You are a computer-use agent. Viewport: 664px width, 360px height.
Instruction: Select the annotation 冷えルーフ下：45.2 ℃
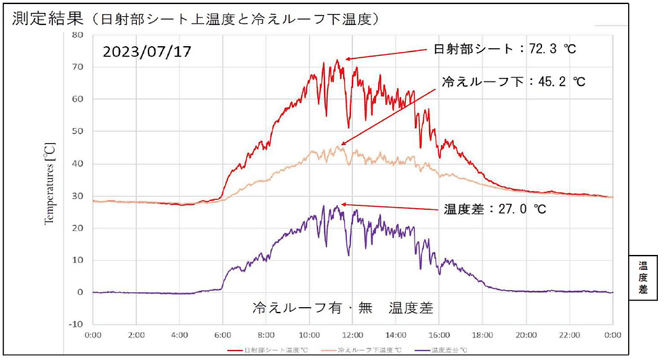513,82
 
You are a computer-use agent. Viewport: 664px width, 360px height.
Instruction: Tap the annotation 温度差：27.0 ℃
495,209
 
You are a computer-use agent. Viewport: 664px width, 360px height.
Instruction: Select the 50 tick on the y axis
77,132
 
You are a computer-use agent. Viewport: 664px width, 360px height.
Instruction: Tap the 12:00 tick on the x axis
352,335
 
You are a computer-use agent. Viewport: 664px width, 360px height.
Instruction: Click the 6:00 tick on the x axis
223,335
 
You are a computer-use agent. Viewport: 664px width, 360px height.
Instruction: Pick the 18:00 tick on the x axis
482,335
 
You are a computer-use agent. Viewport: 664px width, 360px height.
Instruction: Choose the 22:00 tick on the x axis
569,335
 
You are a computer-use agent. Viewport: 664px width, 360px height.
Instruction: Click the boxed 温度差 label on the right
643,277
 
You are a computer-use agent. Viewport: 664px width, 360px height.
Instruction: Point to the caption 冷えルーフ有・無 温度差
342,307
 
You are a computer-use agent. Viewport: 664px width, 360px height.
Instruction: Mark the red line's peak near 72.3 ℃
337,60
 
